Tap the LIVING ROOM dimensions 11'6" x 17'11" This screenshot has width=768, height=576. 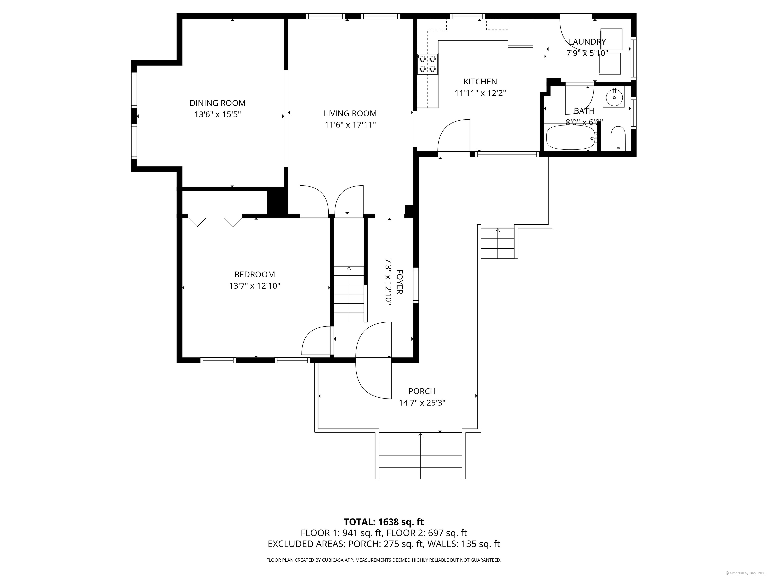(350, 125)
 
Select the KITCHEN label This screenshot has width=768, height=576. (480, 81)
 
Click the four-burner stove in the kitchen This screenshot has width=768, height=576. (428, 64)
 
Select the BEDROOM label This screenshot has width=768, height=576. (254, 275)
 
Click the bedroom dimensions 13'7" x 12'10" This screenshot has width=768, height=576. (254, 286)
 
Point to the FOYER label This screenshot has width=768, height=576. (399, 282)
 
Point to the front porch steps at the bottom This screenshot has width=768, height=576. (420, 455)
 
